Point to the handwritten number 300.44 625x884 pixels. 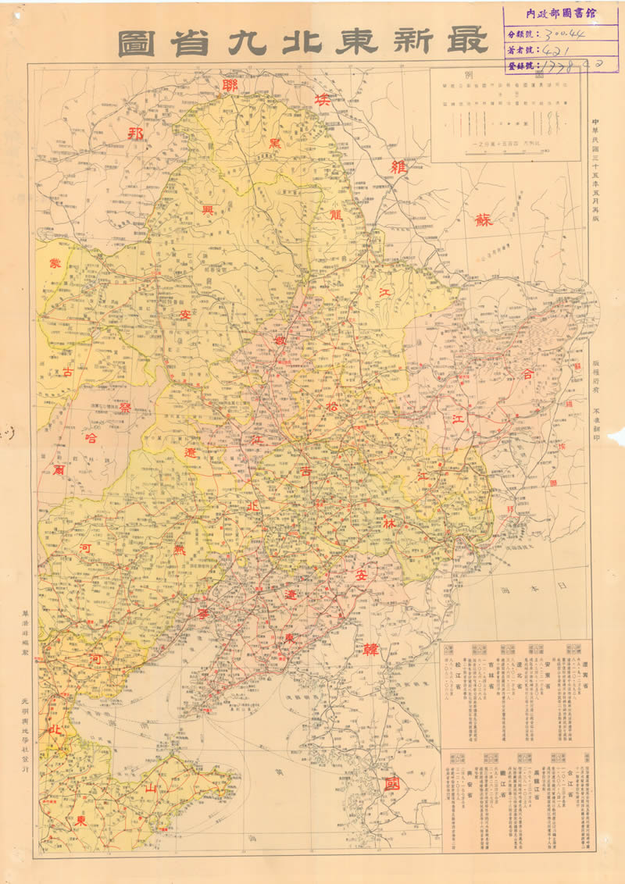coord(568,34)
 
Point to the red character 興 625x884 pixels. coord(209,211)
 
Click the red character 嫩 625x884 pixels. coord(280,341)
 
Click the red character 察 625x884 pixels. coord(125,407)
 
